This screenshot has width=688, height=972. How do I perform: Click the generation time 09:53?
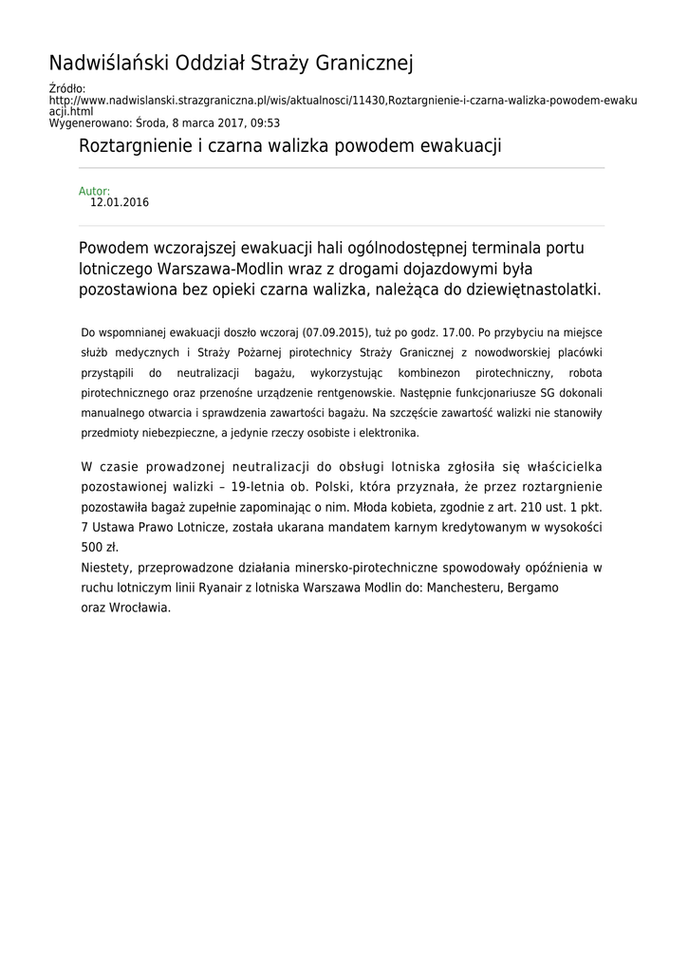coord(265,123)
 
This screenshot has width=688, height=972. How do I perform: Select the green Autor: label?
coord(94,191)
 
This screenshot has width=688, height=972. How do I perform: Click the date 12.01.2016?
coord(120,202)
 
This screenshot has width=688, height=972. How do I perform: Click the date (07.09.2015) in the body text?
coord(335,333)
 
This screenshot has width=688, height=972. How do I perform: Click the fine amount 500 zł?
coord(100,548)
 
